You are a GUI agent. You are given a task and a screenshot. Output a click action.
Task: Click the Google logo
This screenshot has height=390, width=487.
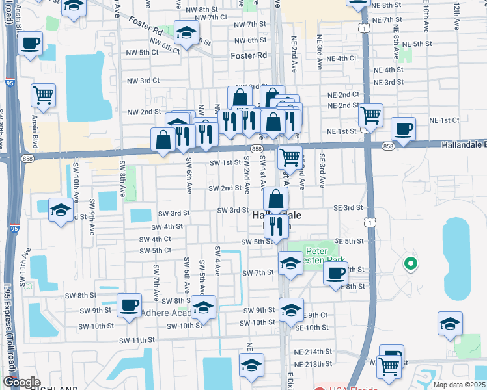click(22, 382)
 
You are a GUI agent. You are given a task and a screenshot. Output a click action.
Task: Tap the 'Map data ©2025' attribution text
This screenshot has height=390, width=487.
click(460, 384)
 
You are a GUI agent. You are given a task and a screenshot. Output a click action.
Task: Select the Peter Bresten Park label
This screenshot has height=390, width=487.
click(313, 255)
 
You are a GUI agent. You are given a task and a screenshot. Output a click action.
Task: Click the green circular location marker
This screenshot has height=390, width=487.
click(410, 263)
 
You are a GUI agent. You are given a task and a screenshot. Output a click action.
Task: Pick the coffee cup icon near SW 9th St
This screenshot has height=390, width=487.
click(129, 304)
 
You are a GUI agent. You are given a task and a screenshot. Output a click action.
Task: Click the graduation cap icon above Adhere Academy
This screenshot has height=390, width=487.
click(204, 305)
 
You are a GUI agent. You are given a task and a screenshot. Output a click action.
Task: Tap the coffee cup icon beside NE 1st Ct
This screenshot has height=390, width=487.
click(404, 128)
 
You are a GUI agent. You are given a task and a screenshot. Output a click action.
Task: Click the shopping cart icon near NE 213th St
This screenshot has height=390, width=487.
click(389, 366)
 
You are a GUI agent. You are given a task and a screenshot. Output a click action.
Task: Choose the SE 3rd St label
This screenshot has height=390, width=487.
click(348, 207)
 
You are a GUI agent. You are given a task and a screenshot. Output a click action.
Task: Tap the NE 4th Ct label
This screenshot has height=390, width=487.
click(342, 58)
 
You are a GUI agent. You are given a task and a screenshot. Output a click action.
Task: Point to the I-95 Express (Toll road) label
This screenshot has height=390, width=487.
click(8, 325)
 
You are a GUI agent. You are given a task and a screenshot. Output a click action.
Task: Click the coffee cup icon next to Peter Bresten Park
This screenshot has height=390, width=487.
click(336, 273)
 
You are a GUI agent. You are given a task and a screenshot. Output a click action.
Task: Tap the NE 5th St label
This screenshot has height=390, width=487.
click(417, 44)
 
